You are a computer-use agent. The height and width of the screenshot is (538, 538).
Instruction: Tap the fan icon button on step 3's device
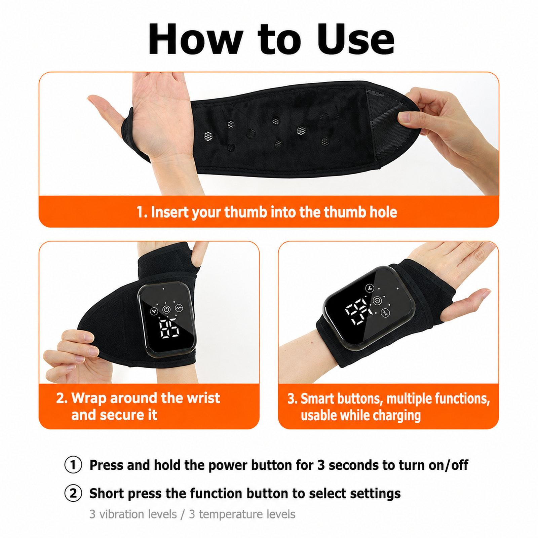[x=369, y=288]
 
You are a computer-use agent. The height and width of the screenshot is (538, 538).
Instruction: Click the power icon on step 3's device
[x=377, y=300]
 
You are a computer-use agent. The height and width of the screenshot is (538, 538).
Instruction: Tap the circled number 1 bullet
[x=73, y=465]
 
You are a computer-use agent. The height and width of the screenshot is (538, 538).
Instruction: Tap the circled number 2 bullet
[x=73, y=494]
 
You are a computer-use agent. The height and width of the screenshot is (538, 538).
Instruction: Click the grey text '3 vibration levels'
[x=133, y=514]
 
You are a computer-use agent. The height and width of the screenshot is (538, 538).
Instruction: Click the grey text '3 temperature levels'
[x=242, y=514]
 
